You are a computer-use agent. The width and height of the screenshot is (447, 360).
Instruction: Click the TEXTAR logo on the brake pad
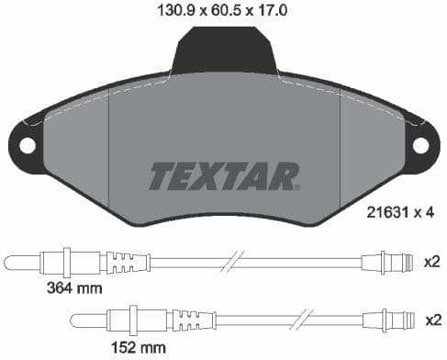click(x=224, y=174)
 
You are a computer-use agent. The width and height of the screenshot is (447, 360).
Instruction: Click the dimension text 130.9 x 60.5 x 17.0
click(x=223, y=12)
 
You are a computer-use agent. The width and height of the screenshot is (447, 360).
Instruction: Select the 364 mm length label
click(x=73, y=288)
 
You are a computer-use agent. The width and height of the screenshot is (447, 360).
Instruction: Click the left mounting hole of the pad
click(x=28, y=145)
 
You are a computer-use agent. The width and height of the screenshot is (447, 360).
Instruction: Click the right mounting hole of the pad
click(x=420, y=145)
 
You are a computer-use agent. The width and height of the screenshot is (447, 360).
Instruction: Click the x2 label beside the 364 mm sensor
click(x=430, y=262)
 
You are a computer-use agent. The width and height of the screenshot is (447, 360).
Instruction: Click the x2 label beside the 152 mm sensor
click(x=430, y=320)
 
